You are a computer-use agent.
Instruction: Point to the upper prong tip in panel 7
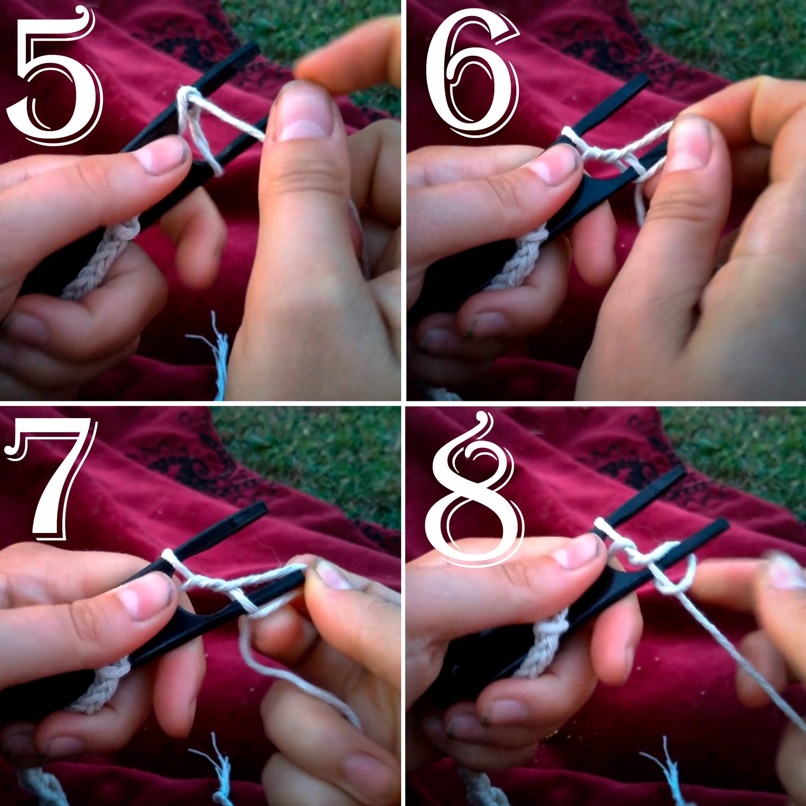click(259, 508)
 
